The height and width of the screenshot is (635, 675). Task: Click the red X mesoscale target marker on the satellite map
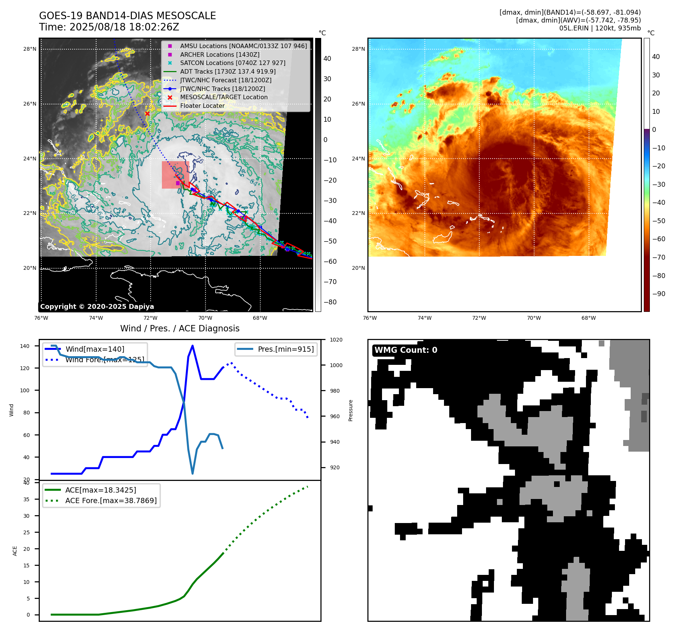click(147, 113)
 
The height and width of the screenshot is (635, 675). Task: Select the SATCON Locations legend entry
click(233, 63)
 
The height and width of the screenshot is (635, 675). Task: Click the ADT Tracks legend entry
click(228, 71)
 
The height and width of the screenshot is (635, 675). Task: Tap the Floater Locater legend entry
click(202, 106)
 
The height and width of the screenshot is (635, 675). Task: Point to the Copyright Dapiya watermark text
click(97, 307)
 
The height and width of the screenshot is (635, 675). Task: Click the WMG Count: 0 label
click(406, 350)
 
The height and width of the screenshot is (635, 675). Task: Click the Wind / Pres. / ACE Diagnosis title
click(180, 328)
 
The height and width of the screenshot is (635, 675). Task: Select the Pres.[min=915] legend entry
click(285, 349)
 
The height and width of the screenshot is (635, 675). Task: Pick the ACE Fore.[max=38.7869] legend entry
click(111, 500)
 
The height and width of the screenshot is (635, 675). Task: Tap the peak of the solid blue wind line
click(192, 346)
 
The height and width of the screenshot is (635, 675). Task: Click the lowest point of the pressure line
click(193, 473)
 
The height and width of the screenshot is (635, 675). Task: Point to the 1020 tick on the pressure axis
click(336, 340)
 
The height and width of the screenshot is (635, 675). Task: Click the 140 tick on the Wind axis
click(25, 346)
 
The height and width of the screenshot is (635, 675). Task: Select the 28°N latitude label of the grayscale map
click(30, 49)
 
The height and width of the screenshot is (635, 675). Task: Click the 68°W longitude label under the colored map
click(588, 318)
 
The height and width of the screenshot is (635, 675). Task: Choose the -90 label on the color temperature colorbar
click(658, 294)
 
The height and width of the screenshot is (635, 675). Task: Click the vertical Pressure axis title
click(350, 410)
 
